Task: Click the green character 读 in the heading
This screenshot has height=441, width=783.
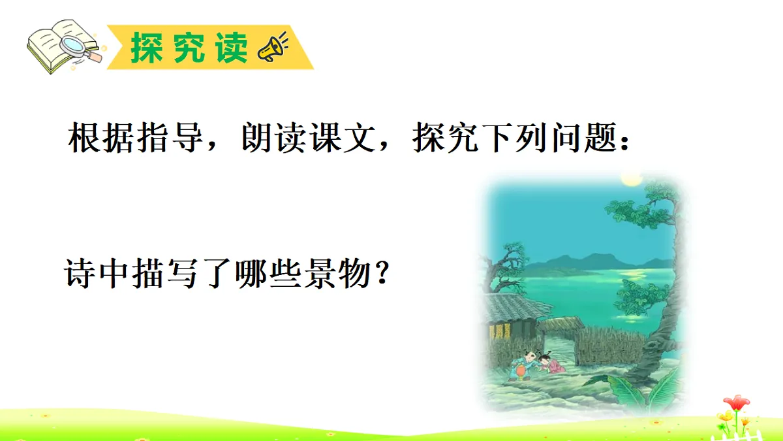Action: [x=232, y=46]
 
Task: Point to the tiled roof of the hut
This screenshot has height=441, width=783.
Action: [x=515, y=305]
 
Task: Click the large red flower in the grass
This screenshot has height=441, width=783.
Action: [x=736, y=404]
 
